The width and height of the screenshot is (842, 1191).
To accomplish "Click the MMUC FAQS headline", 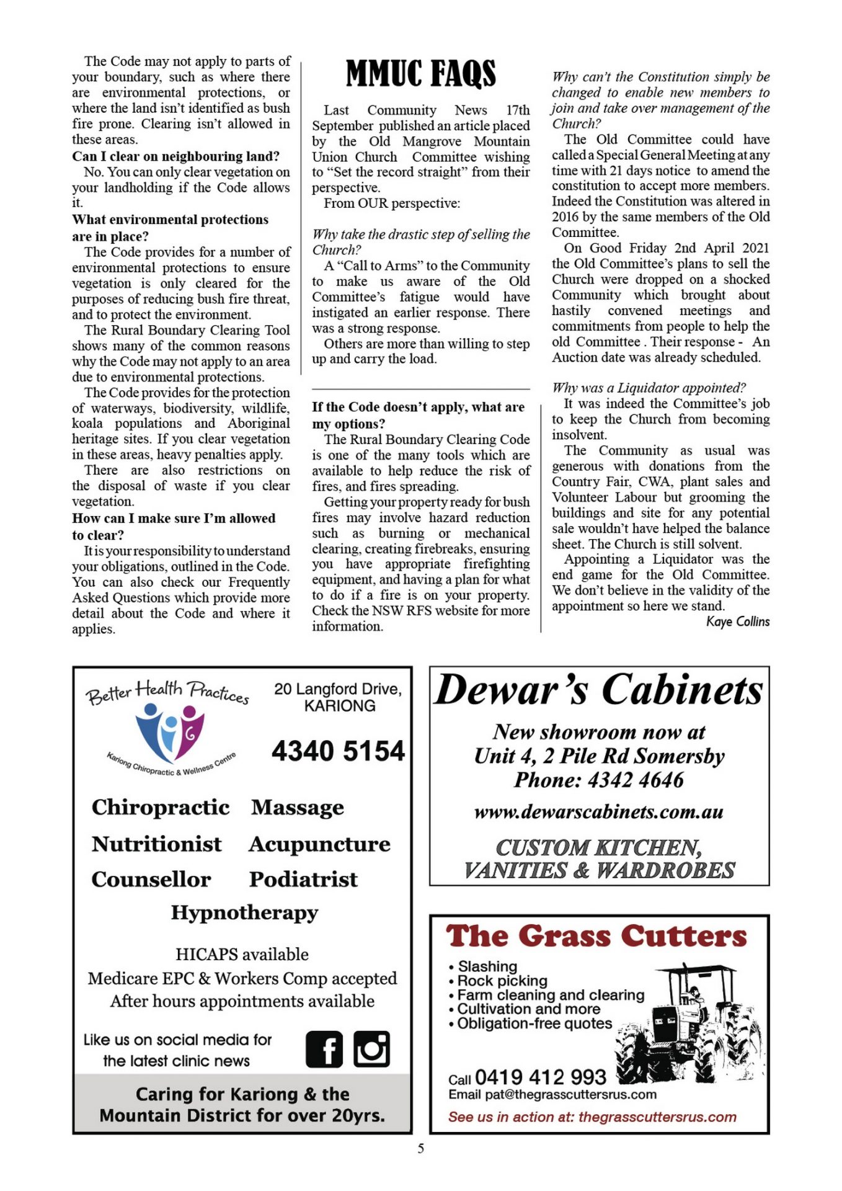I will pyautogui.click(x=420, y=74).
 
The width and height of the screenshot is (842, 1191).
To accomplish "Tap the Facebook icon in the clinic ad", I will pyautogui.click(x=324, y=1049).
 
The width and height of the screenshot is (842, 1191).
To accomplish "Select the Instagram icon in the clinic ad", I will pyautogui.click(x=371, y=1049).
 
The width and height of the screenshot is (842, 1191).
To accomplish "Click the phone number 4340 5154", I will pyautogui.click(x=338, y=751).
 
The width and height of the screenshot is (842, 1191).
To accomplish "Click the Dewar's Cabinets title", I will pyautogui.click(x=598, y=690).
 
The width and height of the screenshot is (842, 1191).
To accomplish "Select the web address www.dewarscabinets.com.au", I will pyautogui.click(x=598, y=812).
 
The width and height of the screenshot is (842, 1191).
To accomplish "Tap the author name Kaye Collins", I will pyautogui.click(x=737, y=622).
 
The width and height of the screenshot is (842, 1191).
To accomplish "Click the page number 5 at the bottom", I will pyautogui.click(x=420, y=1149).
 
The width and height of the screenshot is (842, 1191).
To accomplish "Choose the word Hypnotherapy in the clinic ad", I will pyautogui.click(x=244, y=912).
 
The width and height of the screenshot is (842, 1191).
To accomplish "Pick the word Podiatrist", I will pyautogui.click(x=303, y=879).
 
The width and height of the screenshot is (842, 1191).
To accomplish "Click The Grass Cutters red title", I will pyautogui.click(x=596, y=937).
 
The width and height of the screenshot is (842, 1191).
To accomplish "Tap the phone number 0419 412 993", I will pyautogui.click(x=540, y=1077).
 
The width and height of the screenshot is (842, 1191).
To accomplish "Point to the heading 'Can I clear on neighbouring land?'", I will pyautogui.click(x=175, y=156).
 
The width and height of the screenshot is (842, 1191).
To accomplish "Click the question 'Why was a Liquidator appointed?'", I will pyautogui.click(x=649, y=388).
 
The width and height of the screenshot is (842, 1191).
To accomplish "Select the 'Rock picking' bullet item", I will pyautogui.click(x=502, y=981).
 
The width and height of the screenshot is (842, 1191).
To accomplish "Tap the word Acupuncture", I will pyautogui.click(x=319, y=844).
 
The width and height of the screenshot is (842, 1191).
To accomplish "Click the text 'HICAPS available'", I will pyautogui.click(x=242, y=954).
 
